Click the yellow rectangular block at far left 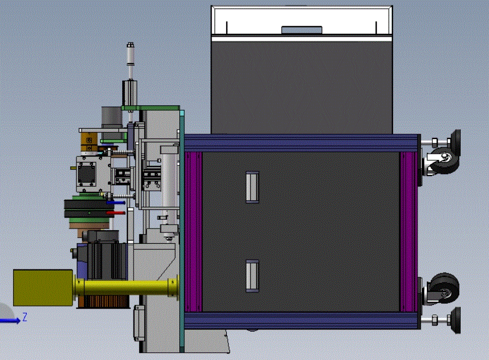point(43,287)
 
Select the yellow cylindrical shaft point(126,287)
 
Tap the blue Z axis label point(25,317)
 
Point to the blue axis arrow point(10,321)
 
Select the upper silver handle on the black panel point(252,187)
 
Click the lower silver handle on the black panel point(252,276)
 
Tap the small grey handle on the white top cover point(301,29)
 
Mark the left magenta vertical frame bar point(194,231)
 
